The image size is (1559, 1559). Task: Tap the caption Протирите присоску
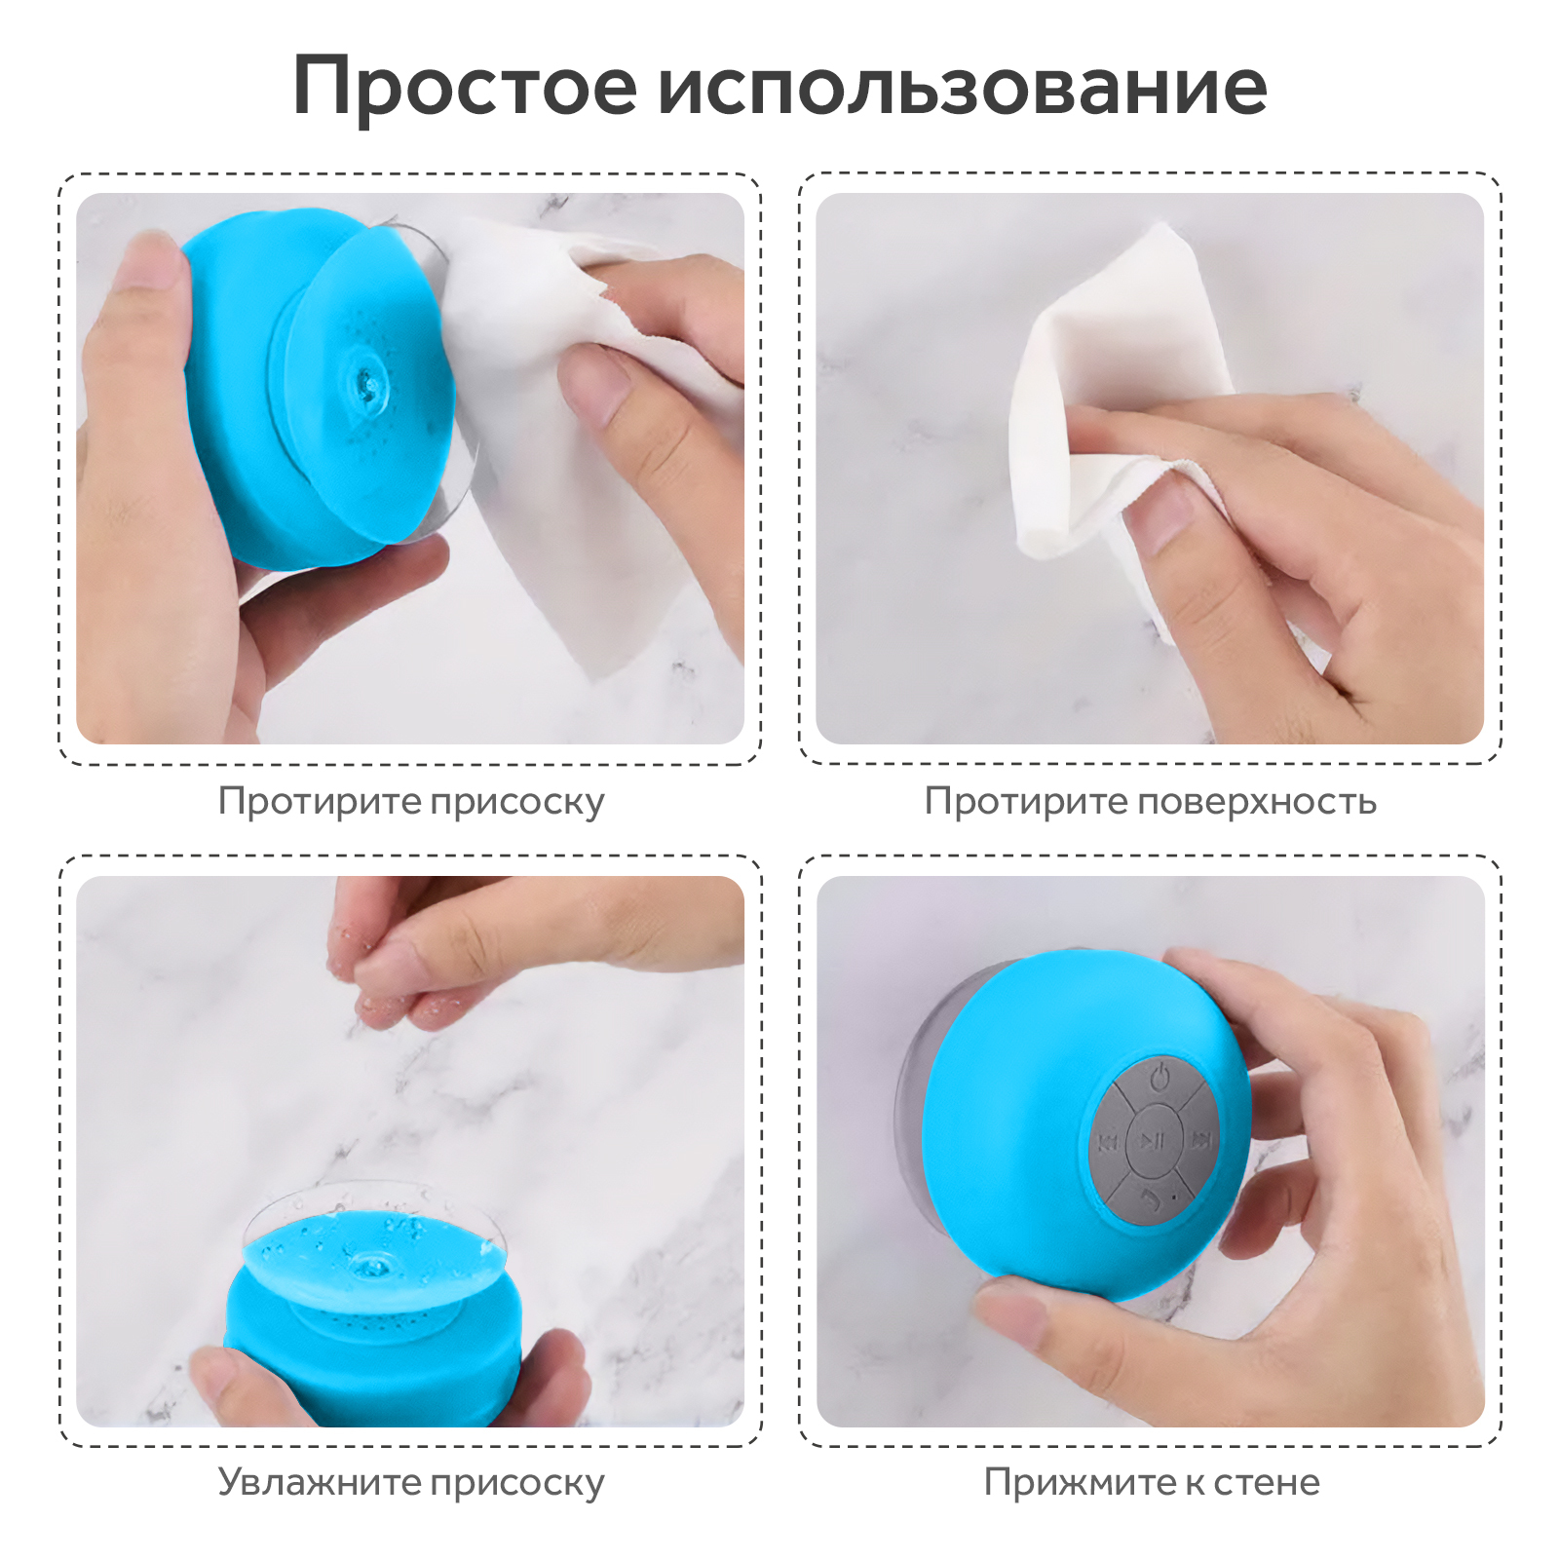tap(411, 802)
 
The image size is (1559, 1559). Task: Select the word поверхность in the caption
tap(1257, 802)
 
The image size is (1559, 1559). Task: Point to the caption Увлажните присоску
tap(411, 1482)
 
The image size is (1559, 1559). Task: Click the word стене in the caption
tap(1267, 1482)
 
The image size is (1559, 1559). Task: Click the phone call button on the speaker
tap(1154, 1198)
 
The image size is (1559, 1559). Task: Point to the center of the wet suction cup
tap(370, 1264)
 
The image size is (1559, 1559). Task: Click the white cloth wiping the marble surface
tap(1121, 409)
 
